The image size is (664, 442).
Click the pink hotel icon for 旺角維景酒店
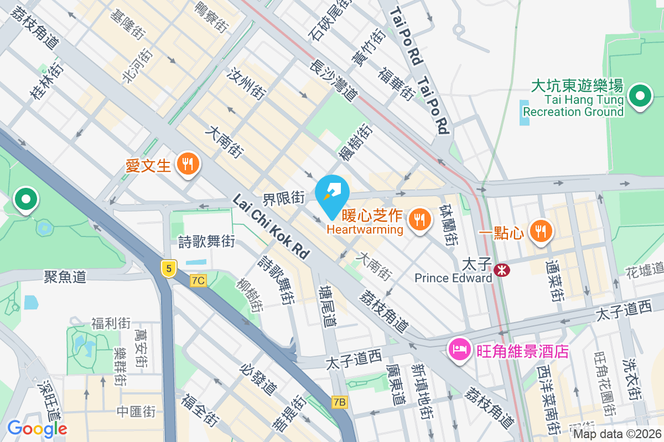tap(460, 350)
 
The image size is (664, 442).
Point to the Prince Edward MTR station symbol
tap(502, 270)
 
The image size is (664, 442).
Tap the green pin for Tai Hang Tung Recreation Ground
tap(640, 97)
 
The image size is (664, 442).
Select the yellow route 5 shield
tap(169, 269)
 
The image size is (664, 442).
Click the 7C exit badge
tap(198, 281)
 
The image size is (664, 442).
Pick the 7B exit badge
tap(339, 402)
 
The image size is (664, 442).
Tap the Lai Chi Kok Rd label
tap(271, 226)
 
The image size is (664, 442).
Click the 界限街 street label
tap(284, 197)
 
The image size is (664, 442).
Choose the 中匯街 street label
tap(136, 412)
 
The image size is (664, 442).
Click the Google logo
tap(37, 428)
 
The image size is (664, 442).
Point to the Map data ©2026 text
tap(617, 434)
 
